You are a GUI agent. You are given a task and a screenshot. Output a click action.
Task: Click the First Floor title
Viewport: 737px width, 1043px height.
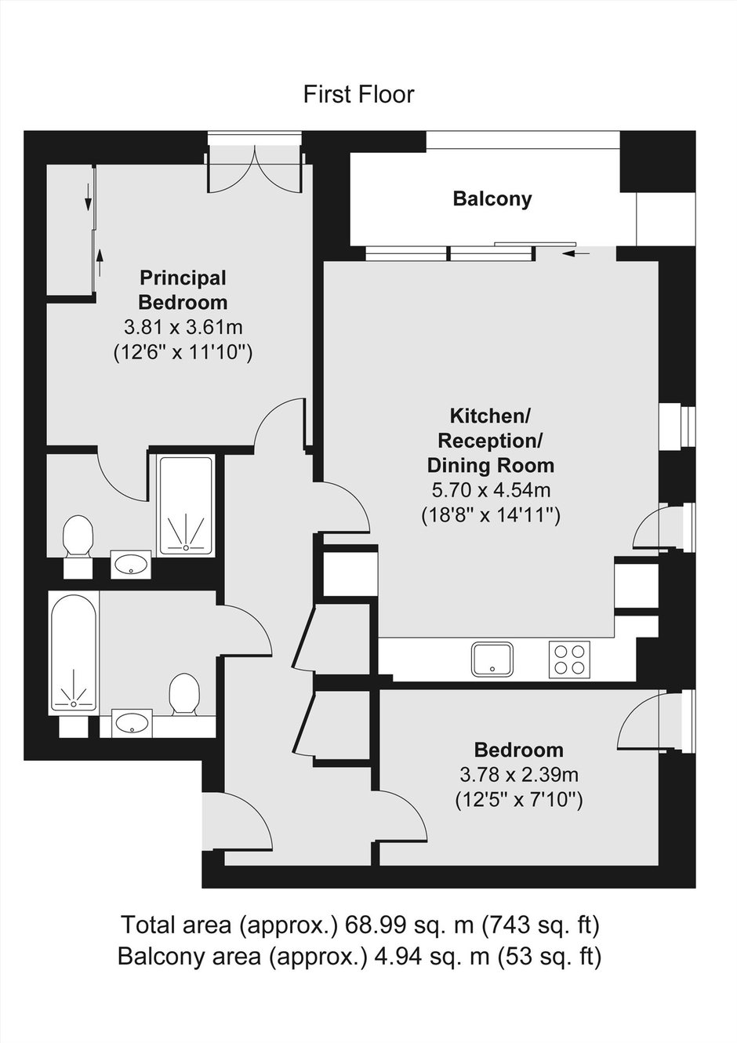(358, 95)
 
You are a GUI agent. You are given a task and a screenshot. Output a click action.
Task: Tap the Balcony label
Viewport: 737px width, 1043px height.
(492, 199)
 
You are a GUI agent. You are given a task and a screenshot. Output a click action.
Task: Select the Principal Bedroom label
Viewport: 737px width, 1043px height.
(183, 290)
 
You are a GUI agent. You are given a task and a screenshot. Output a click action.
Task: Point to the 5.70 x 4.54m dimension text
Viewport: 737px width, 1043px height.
(491, 490)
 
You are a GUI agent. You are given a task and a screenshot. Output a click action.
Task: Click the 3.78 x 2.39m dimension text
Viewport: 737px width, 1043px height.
(519, 776)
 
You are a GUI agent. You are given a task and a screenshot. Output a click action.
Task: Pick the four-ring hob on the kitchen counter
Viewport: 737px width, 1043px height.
(569, 659)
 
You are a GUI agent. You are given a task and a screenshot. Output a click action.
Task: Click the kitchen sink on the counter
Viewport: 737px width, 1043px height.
(492, 659)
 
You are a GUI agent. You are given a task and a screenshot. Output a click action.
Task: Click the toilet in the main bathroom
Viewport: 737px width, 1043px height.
(185, 694)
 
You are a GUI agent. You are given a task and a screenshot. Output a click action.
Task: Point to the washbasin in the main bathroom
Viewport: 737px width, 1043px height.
(133, 723)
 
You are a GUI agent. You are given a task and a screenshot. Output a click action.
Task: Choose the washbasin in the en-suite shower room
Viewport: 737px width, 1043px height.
(131, 565)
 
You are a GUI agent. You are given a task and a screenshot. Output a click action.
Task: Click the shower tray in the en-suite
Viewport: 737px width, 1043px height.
(187, 506)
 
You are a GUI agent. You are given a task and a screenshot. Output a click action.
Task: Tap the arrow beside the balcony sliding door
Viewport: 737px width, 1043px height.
(576, 253)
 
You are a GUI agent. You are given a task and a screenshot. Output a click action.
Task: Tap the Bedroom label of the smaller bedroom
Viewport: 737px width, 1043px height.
(519, 750)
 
